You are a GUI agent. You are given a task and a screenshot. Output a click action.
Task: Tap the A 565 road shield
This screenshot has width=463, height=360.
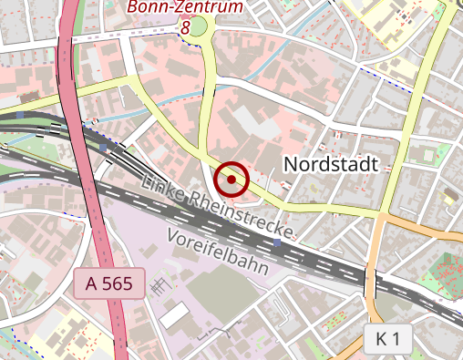(x=108, y=283)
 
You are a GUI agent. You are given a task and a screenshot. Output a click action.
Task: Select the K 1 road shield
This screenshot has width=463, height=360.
(x=387, y=339)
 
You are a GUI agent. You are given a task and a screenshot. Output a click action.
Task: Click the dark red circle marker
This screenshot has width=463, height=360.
(x=232, y=180)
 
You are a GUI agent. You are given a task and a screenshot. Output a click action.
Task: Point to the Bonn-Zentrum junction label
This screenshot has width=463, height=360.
(x=185, y=7)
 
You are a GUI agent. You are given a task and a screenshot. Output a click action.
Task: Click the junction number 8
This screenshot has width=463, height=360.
(x=186, y=27)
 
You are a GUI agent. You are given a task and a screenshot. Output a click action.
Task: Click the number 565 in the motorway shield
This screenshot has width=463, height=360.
(x=117, y=283)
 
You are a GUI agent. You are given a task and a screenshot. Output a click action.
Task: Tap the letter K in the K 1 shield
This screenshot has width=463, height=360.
(x=381, y=339)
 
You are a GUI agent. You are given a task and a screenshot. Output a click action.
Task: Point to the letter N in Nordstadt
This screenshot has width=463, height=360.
(x=292, y=164)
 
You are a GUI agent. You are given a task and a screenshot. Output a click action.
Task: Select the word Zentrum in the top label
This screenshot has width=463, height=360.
(x=211, y=7)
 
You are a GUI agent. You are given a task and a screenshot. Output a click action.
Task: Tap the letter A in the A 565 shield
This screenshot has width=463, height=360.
(x=91, y=283)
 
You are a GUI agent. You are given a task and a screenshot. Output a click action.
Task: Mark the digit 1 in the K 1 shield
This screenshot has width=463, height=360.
(x=397, y=339)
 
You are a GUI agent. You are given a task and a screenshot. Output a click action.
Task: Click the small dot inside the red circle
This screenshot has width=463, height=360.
(x=232, y=180)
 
